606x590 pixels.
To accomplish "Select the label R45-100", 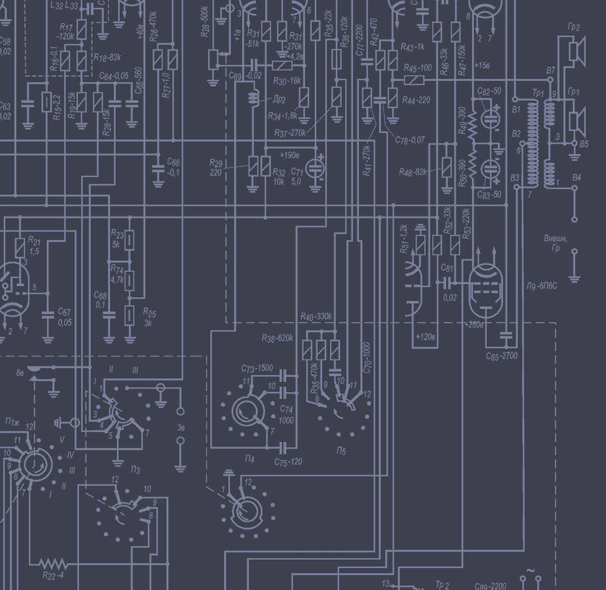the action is [418, 68].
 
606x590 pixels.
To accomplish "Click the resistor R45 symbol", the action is [414, 80].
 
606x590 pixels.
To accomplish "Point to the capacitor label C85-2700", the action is [501, 356].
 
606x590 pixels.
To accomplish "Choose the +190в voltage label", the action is [290, 155].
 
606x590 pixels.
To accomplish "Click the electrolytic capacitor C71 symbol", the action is [315, 167].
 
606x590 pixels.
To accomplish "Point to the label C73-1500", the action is [257, 368].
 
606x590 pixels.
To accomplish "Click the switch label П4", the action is [249, 458].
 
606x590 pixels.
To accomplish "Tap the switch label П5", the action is [341, 451].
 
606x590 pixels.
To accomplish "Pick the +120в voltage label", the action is [425, 336].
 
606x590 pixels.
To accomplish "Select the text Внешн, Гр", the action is [555, 243].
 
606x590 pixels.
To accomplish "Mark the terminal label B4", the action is [576, 177].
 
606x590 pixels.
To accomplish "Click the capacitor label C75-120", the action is [288, 461].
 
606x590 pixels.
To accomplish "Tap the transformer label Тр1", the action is [538, 93].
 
